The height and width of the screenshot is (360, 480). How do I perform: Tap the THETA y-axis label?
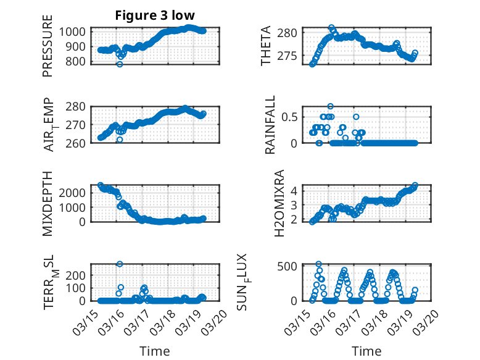point(266,46)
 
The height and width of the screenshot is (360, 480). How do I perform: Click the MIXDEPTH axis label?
point(48,203)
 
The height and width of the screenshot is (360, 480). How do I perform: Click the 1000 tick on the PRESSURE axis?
point(77,32)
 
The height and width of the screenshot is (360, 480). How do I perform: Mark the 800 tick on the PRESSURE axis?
point(80,62)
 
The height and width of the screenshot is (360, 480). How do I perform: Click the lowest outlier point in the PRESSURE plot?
point(120,64)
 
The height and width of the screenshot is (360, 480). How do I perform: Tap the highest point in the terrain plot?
point(120,264)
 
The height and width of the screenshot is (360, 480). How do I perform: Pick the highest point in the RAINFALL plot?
point(331,106)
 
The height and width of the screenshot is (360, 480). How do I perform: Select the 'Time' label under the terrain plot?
point(155,351)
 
